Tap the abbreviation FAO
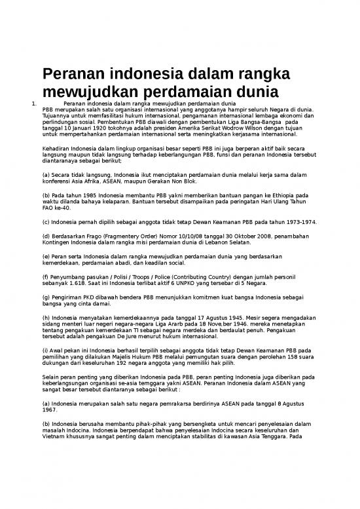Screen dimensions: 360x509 click(50, 208)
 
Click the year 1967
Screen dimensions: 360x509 click(50, 413)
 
